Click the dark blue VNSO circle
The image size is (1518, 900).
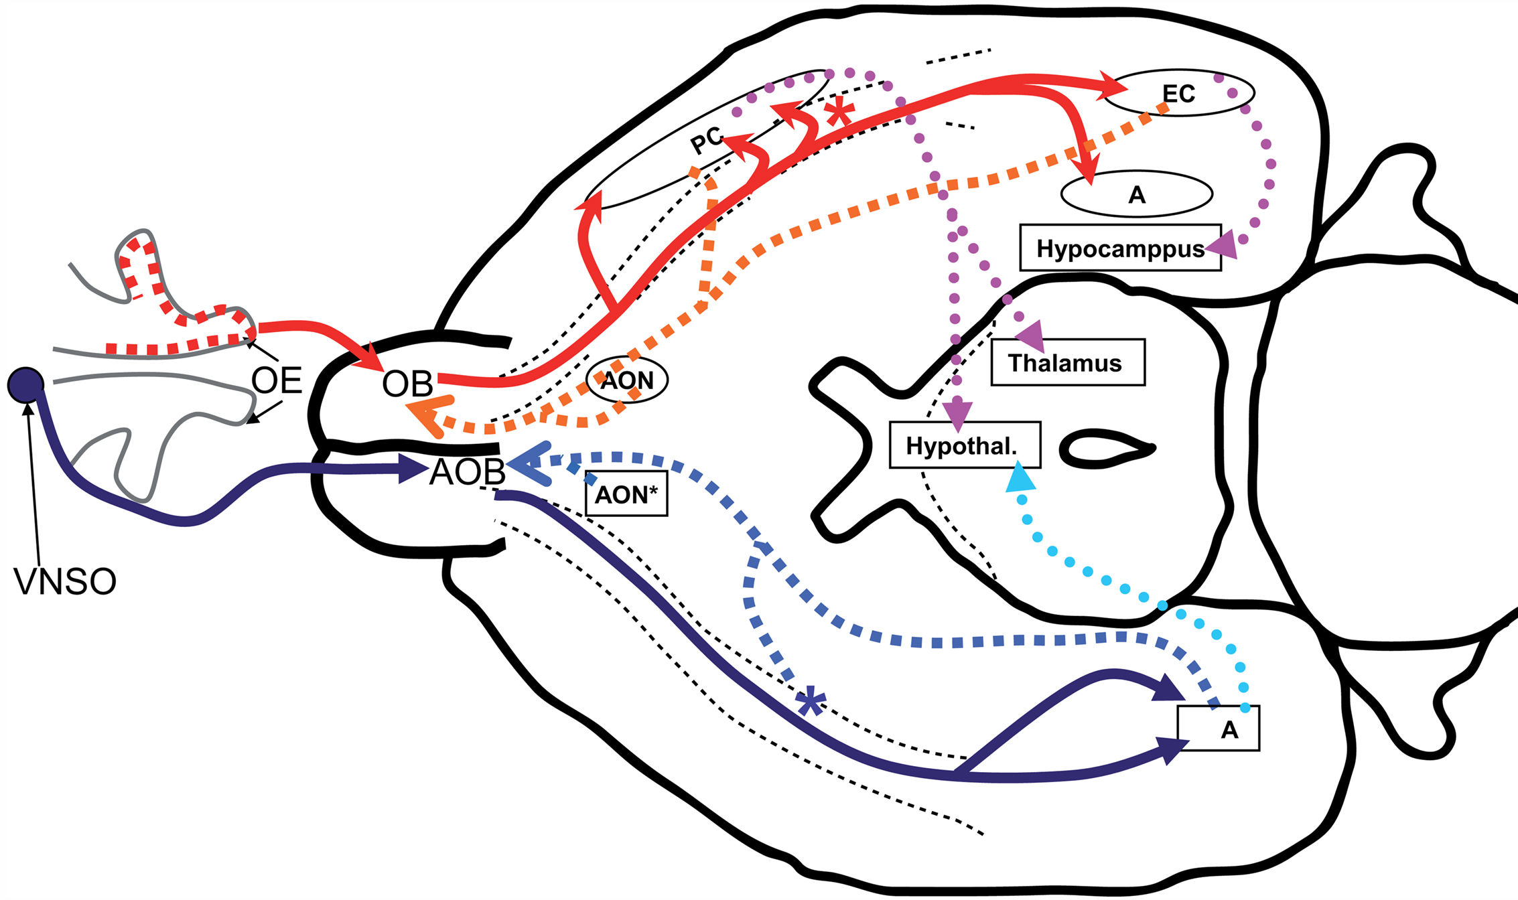(25, 385)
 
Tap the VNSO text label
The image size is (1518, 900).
(65, 581)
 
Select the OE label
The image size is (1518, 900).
(277, 381)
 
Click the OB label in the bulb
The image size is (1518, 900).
(407, 384)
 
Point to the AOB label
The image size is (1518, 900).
(468, 472)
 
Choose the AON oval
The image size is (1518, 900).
(627, 380)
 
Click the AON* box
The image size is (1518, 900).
(626, 494)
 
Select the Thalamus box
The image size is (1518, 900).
(1068, 362)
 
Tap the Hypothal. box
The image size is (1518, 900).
(965, 445)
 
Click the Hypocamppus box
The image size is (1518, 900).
(1120, 248)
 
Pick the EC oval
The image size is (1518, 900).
(1178, 93)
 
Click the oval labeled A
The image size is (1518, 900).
(1137, 194)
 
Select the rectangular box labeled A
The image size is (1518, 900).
(1219, 729)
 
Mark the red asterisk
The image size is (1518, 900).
(839, 112)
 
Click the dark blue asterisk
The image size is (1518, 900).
(811, 702)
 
